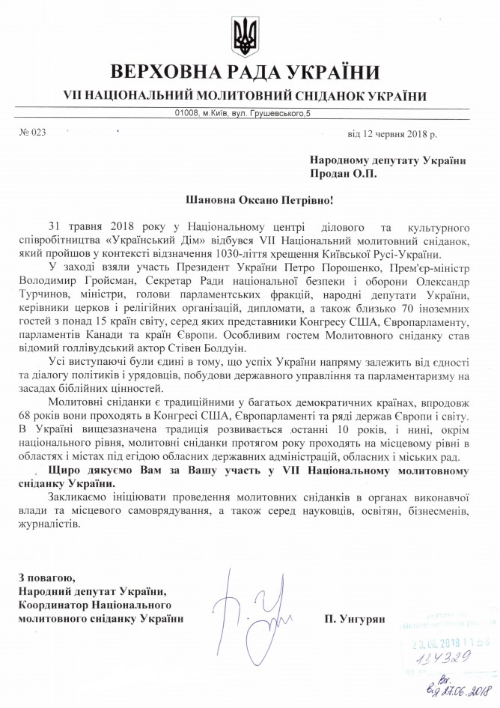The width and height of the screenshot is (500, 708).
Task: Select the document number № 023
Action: (x=33, y=133)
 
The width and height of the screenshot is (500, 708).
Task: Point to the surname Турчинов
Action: (x=52, y=294)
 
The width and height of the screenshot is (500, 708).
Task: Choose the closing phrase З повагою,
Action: (x=45, y=577)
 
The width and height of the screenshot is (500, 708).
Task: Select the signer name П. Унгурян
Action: (x=353, y=619)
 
